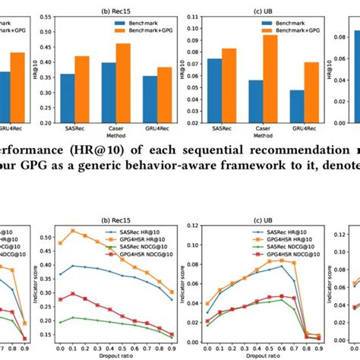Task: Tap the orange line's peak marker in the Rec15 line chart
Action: click(73, 230)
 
